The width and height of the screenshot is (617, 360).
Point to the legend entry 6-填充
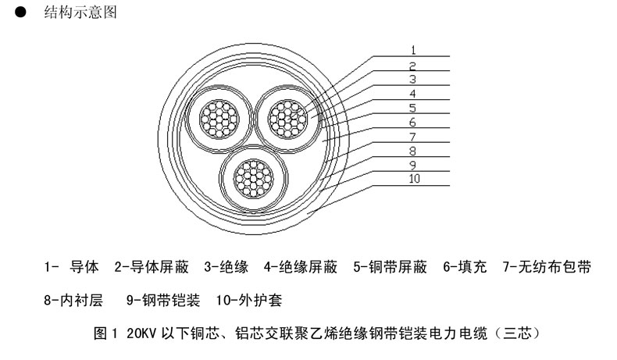[x=465, y=267]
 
